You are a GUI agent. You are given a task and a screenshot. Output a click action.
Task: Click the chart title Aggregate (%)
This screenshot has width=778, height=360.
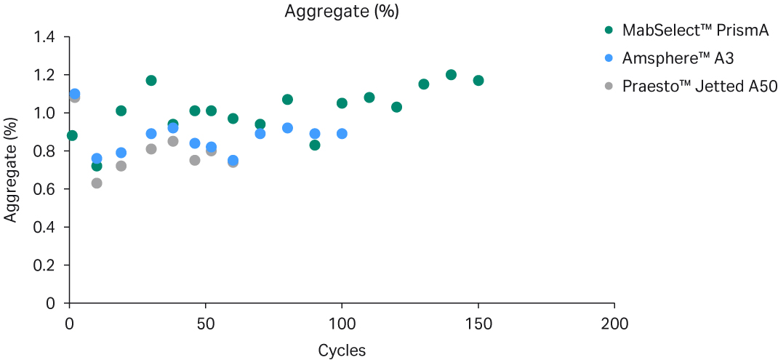point(342,12)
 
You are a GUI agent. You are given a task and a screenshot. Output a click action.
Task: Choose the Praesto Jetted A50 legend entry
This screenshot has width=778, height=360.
point(699,86)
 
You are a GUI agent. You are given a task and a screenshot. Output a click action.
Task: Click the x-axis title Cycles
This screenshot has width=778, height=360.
point(342,350)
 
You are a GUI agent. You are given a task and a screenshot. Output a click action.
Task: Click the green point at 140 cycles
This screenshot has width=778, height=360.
point(451,75)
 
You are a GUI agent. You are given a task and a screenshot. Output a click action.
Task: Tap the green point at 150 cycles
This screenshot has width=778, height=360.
point(478,80)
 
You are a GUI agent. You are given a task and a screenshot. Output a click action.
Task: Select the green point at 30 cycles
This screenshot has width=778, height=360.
point(151,80)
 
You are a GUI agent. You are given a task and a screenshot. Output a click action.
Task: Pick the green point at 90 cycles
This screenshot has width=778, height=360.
point(315,145)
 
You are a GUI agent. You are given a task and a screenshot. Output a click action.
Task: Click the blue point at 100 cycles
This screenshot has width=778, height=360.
point(342,134)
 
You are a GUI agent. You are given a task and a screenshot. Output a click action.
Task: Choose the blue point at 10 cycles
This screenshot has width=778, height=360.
point(97,159)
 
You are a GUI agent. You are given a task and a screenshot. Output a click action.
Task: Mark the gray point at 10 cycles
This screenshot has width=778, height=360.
point(97,183)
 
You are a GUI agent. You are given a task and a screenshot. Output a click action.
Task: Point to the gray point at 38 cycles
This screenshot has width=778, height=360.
point(173,141)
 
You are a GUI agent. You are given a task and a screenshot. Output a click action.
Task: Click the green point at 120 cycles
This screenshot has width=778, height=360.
point(396,107)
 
